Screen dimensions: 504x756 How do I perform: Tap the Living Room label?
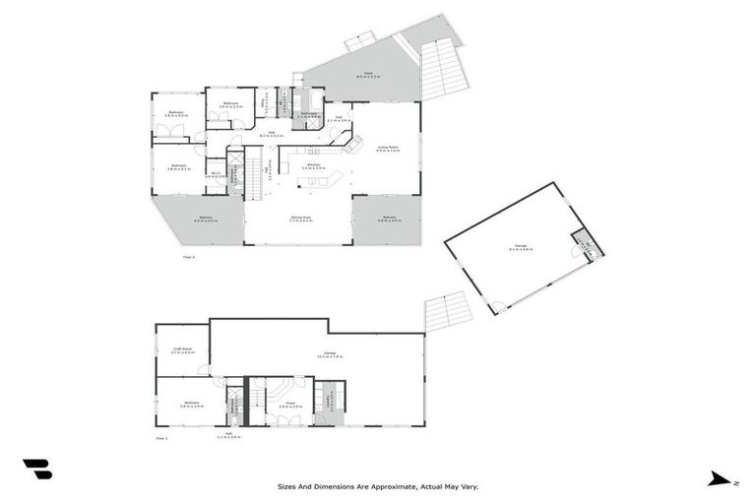tap(387, 149)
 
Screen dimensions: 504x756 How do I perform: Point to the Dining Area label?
tap(300, 220)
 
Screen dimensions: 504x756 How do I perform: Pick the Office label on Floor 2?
tap(263, 102)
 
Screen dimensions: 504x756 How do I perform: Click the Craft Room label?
tap(181, 350)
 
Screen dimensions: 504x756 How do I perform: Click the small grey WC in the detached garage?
tap(583, 245)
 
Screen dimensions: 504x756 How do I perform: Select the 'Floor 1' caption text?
tap(162, 437)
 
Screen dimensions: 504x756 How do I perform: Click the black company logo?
tap(37, 470)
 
